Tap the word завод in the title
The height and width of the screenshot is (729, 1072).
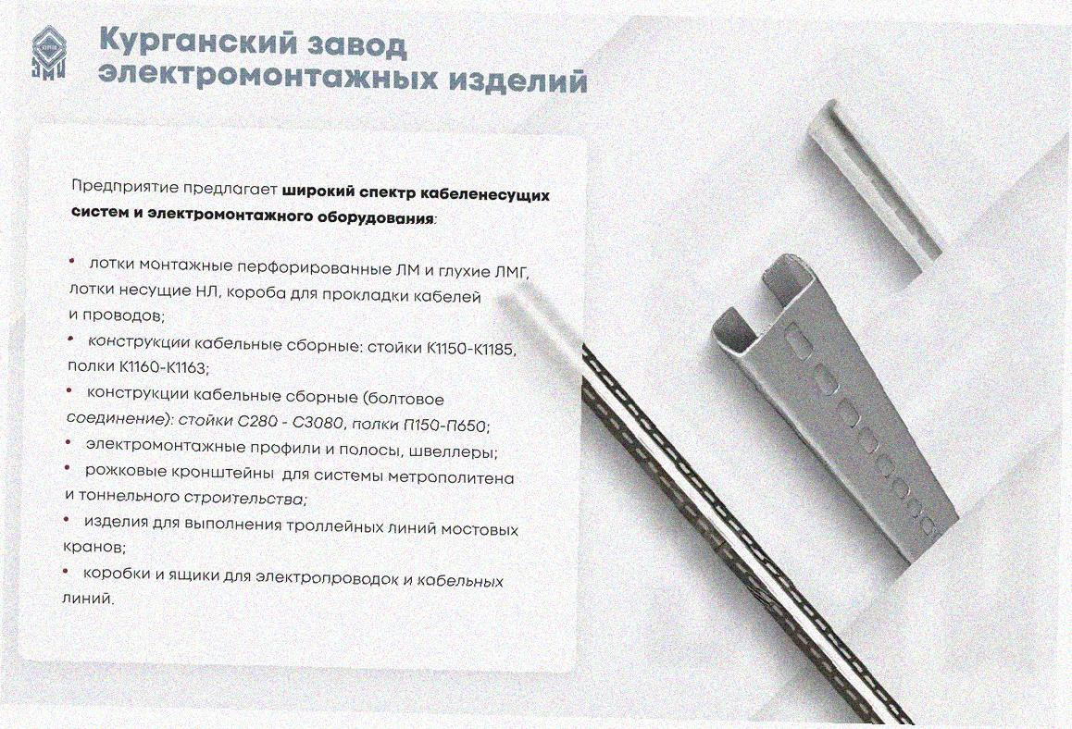[x=355, y=45]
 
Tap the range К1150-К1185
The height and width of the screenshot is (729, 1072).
[x=471, y=349]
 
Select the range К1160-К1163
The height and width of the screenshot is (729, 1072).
[x=163, y=367]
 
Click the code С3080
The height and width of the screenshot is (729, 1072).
[x=318, y=424]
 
